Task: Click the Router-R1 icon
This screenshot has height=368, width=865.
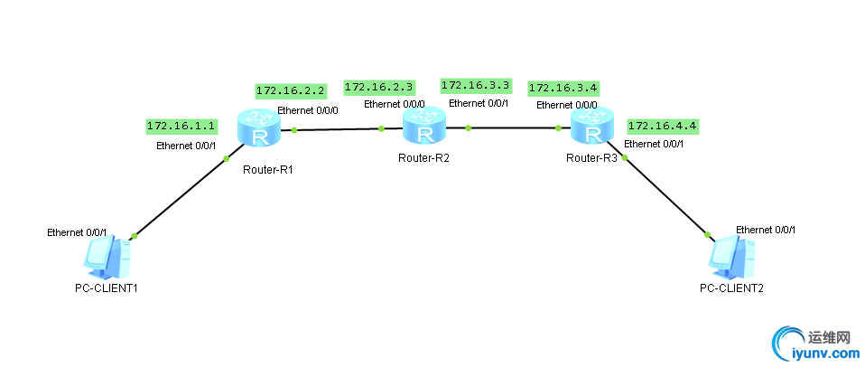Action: click(260, 128)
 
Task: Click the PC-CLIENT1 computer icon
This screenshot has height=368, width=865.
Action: click(106, 258)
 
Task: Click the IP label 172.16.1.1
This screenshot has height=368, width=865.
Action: click(181, 126)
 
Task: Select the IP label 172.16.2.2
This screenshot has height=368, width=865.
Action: click(291, 90)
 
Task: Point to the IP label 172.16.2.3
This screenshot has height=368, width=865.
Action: click(379, 87)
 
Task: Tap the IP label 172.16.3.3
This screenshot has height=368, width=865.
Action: click(476, 85)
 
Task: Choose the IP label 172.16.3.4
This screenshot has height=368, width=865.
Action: click(563, 88)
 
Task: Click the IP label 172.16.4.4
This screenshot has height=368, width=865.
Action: click(663, 125)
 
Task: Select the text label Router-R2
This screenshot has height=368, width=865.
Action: click(423, 158)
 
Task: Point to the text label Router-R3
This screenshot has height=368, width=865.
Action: click(591, 158)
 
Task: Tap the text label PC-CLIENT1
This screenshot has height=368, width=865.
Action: click(106, 288)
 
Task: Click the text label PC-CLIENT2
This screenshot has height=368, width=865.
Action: click(731, 288)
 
